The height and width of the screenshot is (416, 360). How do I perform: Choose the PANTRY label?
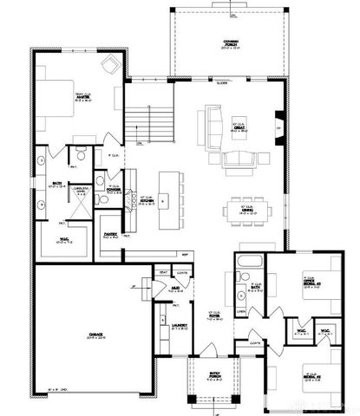(111, 235)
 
